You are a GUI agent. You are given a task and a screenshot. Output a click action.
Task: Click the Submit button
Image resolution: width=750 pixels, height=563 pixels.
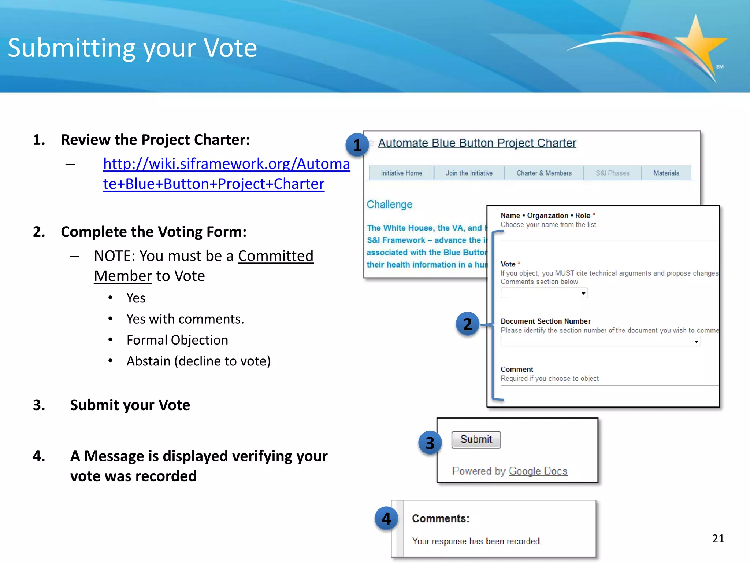[x=476, y=439]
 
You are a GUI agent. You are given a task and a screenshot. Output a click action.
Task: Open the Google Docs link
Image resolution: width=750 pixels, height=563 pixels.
[x=538, y=471]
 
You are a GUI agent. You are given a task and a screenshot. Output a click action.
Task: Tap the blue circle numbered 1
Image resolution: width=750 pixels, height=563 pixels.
[x=357, y=145]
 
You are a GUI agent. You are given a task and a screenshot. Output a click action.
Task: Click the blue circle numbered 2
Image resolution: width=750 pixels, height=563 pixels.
[x=468, y=324]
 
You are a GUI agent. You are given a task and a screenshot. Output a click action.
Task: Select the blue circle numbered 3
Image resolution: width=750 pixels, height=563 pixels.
[x=430, y=443]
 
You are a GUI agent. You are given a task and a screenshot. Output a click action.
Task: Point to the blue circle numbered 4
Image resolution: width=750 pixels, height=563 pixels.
[x=386, y=519]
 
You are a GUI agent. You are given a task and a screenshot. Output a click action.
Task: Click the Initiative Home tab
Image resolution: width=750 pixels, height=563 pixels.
[x=401, y=173]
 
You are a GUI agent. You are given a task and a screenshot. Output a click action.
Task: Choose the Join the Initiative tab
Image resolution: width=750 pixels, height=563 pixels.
[x=469, y=173]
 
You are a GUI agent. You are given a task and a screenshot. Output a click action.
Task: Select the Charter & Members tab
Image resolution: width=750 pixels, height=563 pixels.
[x=544, y=173]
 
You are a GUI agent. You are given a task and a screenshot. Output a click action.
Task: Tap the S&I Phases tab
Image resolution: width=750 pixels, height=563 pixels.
[x=612, y=173]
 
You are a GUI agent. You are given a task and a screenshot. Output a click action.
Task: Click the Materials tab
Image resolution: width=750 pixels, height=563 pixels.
[x=666, y=173]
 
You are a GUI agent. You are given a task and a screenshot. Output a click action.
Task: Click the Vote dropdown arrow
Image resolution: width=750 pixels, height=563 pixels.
[x=583, y=293]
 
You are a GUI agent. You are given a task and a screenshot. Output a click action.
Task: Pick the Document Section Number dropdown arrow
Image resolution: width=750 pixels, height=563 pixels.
[x=696, y=342]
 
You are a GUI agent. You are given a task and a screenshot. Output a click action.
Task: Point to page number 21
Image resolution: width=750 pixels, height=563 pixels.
[x=718, y=538]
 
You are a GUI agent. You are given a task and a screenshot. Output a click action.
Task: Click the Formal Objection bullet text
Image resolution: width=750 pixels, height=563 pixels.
[x=177, y=340]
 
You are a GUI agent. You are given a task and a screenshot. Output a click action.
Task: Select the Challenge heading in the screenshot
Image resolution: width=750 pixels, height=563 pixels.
[x=389, y=205]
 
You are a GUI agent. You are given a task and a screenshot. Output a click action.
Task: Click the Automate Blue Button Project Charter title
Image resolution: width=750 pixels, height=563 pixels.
[x=477, y=143]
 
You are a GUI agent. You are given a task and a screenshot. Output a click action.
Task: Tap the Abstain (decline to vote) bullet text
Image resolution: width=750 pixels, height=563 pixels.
[x=198, y=361]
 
